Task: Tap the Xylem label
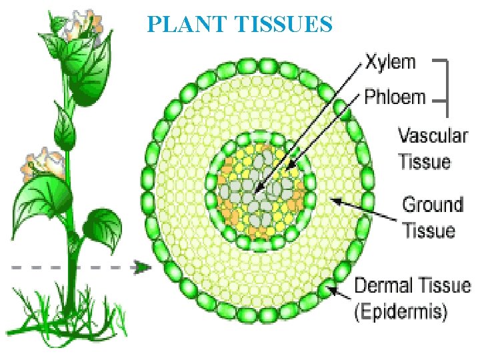click(391, 63)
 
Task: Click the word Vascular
click(433, 136)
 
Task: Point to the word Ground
click(433, 204)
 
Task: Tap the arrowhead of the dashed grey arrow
click(142, 267)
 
